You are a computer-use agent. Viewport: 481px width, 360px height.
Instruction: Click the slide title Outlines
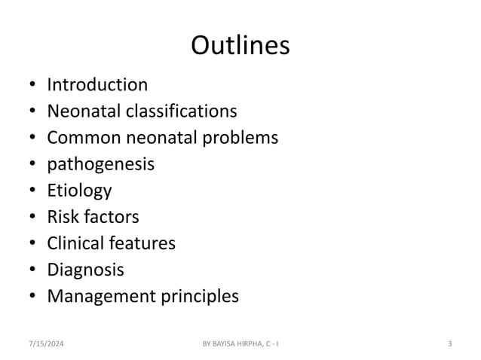point(240,46)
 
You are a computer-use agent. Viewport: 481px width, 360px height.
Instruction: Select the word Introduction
point(97,84)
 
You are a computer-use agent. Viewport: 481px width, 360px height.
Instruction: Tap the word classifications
point(190,111)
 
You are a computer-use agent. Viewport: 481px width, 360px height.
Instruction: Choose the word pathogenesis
point(100,164)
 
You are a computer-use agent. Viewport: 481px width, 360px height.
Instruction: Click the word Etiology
point(79,191)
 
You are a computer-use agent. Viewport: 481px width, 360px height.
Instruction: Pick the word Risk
point(62,217)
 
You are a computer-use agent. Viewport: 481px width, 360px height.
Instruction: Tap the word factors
point(111,217)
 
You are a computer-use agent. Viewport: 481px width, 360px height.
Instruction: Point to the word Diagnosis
point(85,270)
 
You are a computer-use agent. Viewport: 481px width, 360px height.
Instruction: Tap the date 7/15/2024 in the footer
point(45,345)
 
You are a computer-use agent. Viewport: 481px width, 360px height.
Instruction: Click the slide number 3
point(450,345)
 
